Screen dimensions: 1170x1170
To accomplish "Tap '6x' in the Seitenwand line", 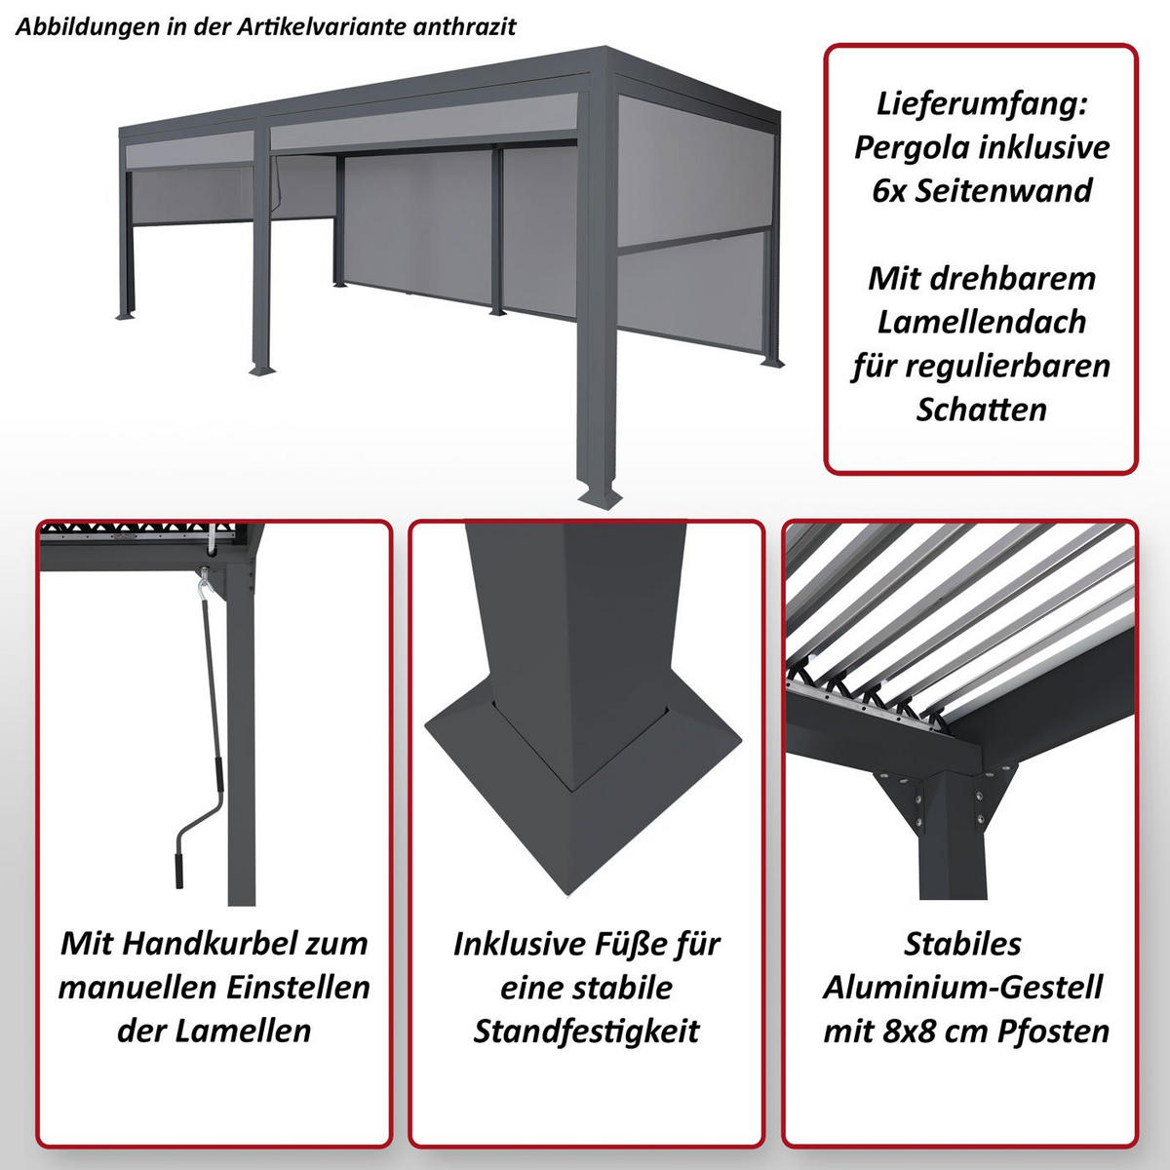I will (x=889, y=190).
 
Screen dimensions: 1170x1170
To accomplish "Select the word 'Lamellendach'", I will (x=981, y=322).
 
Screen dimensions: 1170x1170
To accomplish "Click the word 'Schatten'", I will (x=981, y=409).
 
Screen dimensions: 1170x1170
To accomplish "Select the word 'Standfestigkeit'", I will (x=586, y=1032).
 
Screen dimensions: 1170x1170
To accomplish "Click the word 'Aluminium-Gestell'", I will (x=962, y=987).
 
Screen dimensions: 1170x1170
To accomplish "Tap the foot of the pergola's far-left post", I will (x=130, y=316).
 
